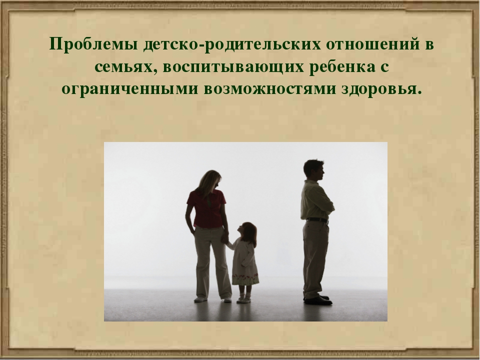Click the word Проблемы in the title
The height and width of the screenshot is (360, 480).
[93, 44]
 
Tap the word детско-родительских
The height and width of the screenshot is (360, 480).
[231, 44]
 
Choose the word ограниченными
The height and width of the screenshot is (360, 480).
[129, 89]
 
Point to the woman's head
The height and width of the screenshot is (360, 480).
[210, 180]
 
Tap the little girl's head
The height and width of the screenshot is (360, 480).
[247, 232]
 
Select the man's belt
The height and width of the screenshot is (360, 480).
[317, 220]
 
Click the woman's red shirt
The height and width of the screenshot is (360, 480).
[206, 208]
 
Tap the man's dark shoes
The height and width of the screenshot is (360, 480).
[318, 299]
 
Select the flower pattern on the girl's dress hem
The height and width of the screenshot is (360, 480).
[245, 279]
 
